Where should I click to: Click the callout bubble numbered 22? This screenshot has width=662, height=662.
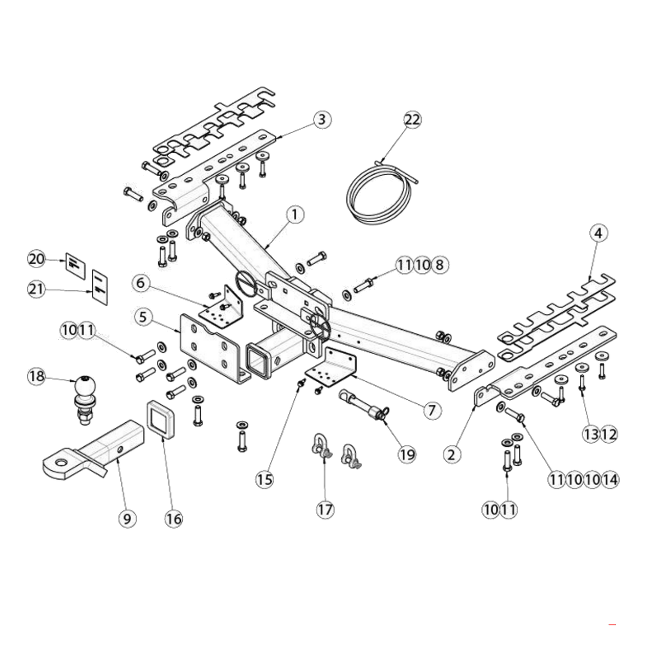pos(413,120)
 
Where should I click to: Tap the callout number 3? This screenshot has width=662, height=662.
pos(322,119)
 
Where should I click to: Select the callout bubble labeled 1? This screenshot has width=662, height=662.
pos(295,215)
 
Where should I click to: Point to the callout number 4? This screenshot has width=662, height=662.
pos(598,233)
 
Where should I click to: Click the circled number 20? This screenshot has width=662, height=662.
pos(37,259)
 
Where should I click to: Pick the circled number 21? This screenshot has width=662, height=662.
pos(37,290)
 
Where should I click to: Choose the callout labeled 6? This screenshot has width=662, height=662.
pos(141,282)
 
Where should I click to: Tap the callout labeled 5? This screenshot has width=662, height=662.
pos(143,317)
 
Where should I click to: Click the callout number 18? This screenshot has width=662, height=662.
pos(37,376)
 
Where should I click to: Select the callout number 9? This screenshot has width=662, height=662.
pos(127,519)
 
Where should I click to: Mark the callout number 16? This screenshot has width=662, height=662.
pos(173,519)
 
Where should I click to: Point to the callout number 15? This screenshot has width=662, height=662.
pos(265,479)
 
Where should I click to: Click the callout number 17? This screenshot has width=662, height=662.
pos(325,510)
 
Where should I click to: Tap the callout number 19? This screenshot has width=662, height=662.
pos(407,454)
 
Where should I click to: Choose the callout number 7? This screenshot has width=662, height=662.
pos(432,410)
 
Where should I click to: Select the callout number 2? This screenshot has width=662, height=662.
pos(451,454)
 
